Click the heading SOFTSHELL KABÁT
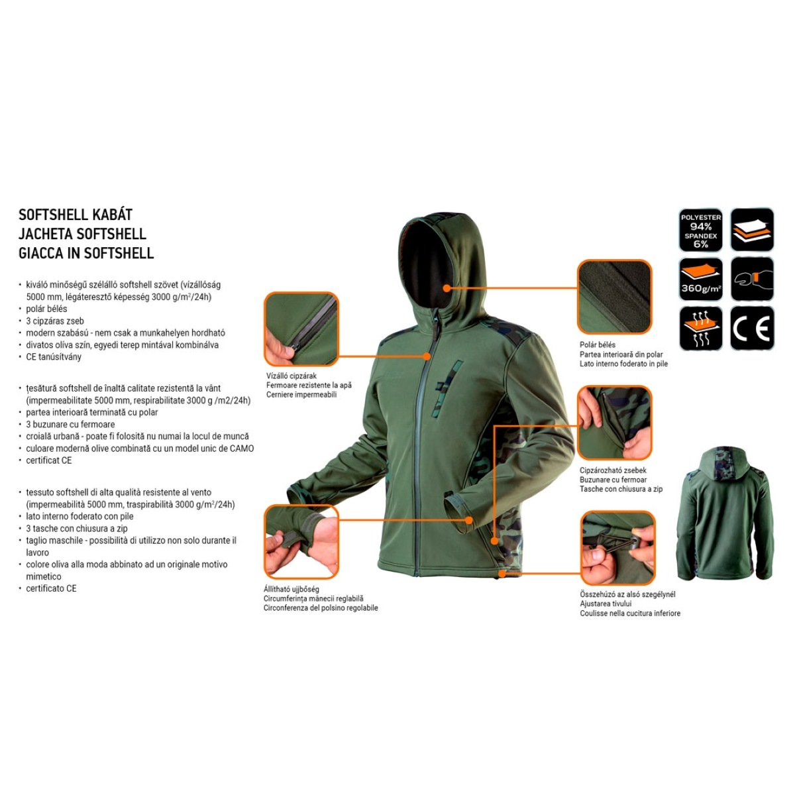[76, 215]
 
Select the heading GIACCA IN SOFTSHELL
[86, 253]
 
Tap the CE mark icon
[752, 329]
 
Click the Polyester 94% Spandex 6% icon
[700, 230]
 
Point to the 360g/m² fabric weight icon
[700, 280]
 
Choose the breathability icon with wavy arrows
[700, 329]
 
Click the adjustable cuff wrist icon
[752, 280]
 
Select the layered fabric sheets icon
[752, 230]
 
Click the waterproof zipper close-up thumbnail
[301, 329]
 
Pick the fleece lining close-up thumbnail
[614, 297]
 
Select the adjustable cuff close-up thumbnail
[301, 541]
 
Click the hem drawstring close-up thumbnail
[617, 548]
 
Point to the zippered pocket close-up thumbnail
[614, 423]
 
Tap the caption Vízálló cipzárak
[291, 376]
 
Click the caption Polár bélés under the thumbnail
[598, 345]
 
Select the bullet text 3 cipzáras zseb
[55, 321]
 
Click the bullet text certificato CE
[51, 589]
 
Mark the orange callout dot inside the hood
[447, 288]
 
